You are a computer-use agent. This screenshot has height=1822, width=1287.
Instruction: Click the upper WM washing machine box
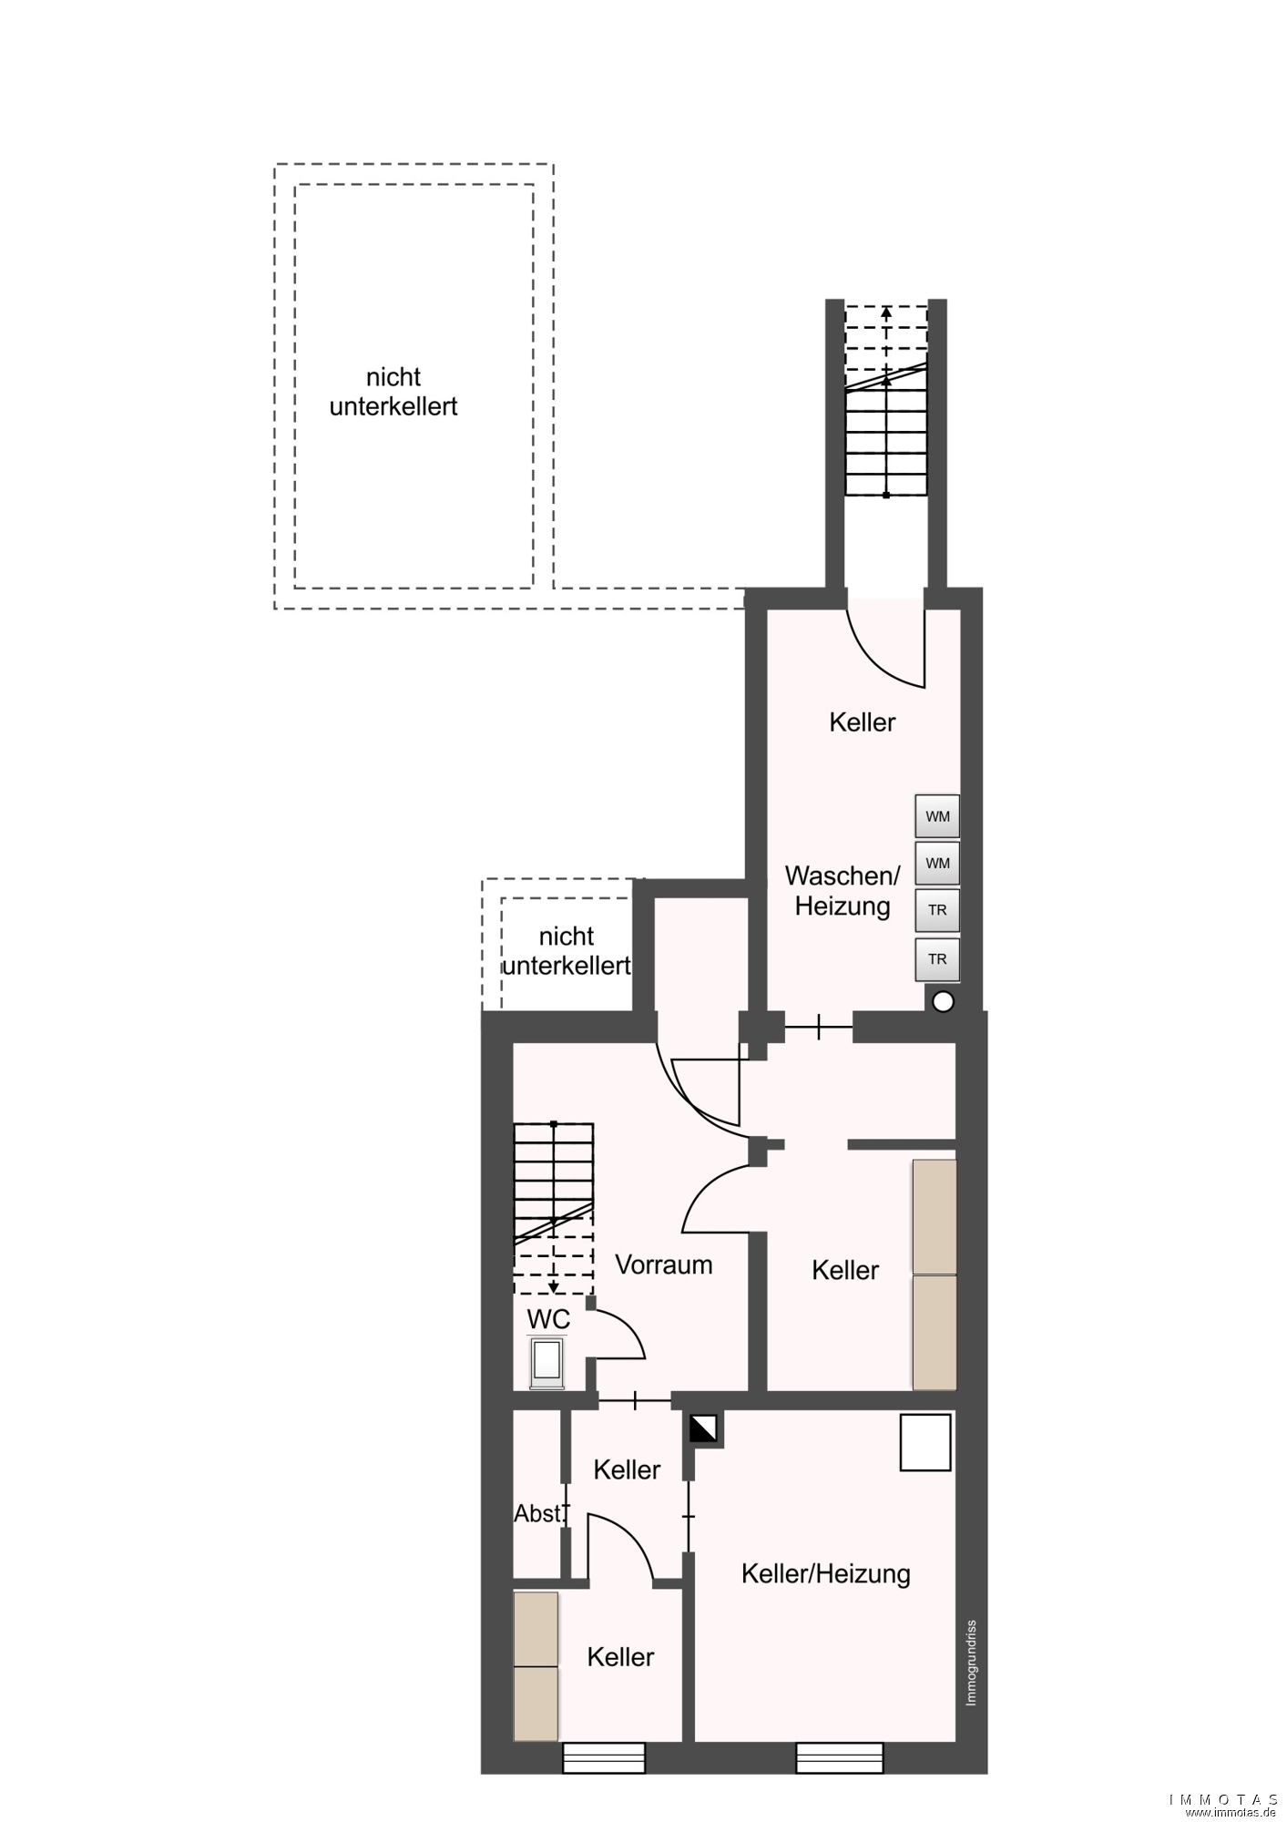click(937, 816)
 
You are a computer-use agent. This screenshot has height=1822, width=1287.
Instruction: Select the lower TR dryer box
click(937, 959)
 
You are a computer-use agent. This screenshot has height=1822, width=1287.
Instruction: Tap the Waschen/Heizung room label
click(843, 891)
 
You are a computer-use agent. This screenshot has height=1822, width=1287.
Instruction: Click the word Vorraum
click(664, 1264)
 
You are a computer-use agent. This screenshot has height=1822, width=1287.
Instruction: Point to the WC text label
click(548, 1319)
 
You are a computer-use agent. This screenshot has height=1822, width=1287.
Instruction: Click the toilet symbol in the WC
click(548, 1363)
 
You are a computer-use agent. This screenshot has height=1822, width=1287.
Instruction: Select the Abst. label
click(539, 1513)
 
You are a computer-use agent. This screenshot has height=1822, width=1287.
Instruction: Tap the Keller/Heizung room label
click(826, 1574)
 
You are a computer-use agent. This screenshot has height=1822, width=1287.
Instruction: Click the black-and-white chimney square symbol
click(704, 1428)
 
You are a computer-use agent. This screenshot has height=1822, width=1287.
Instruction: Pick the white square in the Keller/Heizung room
click(925, 1442)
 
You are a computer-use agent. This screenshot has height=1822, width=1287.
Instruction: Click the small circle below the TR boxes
click(944, 1002)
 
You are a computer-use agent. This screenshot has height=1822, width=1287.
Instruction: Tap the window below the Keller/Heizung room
click(840, 1758)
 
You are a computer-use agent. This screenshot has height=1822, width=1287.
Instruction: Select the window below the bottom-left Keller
click(604, 1758)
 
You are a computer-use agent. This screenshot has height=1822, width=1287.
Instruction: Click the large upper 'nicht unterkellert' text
click(393, 392)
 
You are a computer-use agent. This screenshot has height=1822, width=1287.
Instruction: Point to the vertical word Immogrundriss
click(971, 1663)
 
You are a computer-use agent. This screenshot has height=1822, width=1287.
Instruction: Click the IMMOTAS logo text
click(1223, 1799)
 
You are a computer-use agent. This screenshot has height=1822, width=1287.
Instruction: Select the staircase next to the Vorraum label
click(554, 1209)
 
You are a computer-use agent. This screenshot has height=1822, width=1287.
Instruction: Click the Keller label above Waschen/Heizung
click(863, 722)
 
